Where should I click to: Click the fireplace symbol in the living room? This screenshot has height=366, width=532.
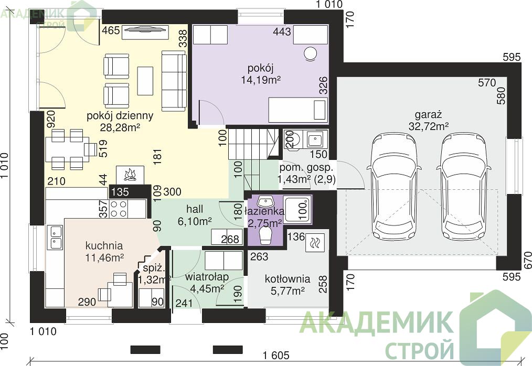(x=130, y=175)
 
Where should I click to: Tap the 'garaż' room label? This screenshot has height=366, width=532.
(x=428, y=114)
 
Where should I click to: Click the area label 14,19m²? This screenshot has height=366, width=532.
(x=261, y=80)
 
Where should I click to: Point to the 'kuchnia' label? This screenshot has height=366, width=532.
(x=104, y=245)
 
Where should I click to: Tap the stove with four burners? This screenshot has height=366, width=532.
(x=119, y=209)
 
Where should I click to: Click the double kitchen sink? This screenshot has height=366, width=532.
(x=56, y=237)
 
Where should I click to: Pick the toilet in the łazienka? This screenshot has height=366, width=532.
(x=265, y=236)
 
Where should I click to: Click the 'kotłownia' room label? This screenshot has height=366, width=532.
(x=288, y=279)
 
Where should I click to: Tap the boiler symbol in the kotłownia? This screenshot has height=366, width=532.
(x=315, y=243)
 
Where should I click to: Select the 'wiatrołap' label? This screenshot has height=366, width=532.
(x=207, y=277)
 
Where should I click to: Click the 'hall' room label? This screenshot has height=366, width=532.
(x=195, y=209)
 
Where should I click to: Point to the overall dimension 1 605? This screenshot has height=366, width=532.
(x=276, y=355)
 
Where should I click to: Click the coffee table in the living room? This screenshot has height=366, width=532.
(x=145, y=81)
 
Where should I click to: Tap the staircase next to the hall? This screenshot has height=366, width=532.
(x=252, y=158)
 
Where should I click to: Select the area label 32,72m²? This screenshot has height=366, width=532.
(x=429, y=126)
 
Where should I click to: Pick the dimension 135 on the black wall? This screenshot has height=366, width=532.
(x=120, y=191)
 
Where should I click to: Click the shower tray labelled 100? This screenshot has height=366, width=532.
(x=297, y=210)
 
